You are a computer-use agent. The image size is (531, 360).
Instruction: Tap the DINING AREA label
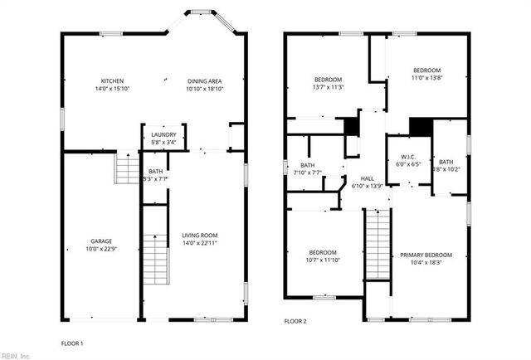[x=205, y=80]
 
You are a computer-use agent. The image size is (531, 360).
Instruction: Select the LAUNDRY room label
[x=162, y=134]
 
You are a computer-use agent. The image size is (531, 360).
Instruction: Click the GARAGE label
[x=101, y=241]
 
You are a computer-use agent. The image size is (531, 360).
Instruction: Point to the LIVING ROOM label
[x=199, y=236]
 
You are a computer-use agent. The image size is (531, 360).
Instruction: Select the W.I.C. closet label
[x=408, y=157]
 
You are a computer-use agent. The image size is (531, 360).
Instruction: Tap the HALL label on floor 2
[x=368, y=178]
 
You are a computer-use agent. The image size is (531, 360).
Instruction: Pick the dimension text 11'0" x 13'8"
[x=427, y=78]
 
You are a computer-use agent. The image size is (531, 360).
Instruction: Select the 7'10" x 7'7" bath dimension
[x=307, y=173]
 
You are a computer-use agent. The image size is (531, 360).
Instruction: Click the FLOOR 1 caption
[x=72, y=343]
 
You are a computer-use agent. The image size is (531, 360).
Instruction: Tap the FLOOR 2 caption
[x=295, y=320]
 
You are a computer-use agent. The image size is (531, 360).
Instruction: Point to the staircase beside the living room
[x=155, y=257]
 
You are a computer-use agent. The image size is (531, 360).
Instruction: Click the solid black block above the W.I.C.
[x=421, y=126]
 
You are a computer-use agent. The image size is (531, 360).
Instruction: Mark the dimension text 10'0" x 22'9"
[x=101, y=250]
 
